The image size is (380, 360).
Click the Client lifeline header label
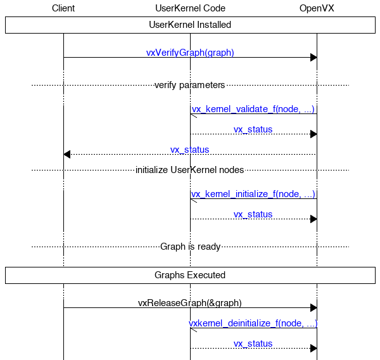[x=63, y=8]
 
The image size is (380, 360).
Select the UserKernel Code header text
[x=190, y=8]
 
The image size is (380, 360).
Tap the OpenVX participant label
[x=317, y=8]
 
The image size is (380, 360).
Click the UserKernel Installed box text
[x=190, y=25]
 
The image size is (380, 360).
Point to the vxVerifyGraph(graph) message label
[x=190, y=53]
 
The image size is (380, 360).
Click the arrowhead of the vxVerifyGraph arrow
[x=313, y=58]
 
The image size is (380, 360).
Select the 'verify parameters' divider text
[x=189, y=85]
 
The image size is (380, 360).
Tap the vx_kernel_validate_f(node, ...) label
[x=253, y=109]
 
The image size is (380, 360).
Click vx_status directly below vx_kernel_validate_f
[x=253, y=129]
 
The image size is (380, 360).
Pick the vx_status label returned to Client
[x=189, y=150]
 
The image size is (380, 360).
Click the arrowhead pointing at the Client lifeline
[x=67, y=154]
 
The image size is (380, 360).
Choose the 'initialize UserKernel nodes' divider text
[x=189, y=170]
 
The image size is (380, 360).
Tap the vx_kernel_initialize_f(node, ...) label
[x=253, y=194]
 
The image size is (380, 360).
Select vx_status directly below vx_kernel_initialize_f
[x=253, y=214]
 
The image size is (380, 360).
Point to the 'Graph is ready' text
[x=190, y=247]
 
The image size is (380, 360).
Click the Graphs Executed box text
[x=190, y=275]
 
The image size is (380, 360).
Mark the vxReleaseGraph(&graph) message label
[x=190, y=303]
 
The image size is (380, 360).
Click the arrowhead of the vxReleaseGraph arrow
[x=313, y=307]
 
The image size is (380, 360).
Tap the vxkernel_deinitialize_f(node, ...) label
[x=253, y=323]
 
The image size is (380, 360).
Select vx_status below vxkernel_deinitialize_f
[x=253, y=344]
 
